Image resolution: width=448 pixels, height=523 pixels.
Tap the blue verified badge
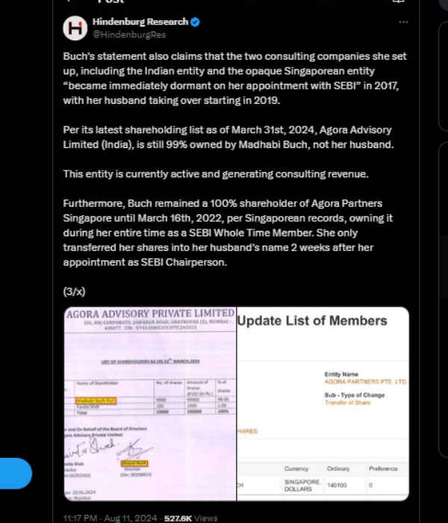pyautogui.click(x=195, y=22)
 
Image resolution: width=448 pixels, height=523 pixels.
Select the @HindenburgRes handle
pyautogui.click(x=128, y=34)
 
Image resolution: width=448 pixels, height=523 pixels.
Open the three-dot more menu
pyautogui.click(x=403, y=22)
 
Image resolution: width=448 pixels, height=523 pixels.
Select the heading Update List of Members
pyautogui.click(x=312, y=321)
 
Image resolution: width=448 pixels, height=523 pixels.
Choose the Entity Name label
pyautogui.click(x=341, y=374)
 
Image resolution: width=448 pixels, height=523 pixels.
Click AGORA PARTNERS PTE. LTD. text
pyautogui.click(x=366, y=382)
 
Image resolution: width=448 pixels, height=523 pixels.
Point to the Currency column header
pyautogui.click(x=296, y=468)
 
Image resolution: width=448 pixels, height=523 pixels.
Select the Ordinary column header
pyautogui.click(x=338, y=468)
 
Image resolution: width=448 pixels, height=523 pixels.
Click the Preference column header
pyautogui.click(x=384, y=468)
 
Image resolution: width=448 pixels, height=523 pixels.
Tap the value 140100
pyautogui.click(x=338, y=485)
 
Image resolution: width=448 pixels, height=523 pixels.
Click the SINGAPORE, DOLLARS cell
pyautogui.click(x=302, y=485)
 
